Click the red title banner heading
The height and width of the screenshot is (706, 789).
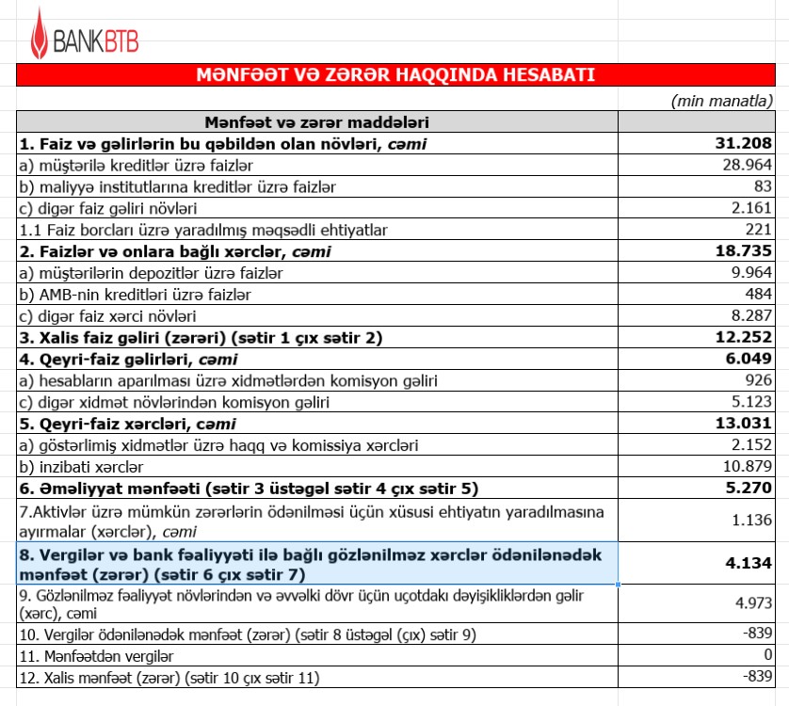click(x=394, y=75)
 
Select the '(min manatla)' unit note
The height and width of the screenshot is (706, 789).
click(x=722, y=101)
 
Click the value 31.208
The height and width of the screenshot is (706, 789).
click(x=744, y=143)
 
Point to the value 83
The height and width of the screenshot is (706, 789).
click(x=763, y=186)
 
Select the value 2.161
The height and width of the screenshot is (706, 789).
click(x=752, y=208)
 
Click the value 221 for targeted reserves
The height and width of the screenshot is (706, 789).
click(x=759, y=230)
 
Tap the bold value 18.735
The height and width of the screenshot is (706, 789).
click(x=744, y=251)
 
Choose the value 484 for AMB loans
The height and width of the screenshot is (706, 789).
click(x=758, y=295)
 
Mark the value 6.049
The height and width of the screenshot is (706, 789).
click(x=748, y=360)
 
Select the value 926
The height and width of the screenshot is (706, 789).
click(x=758, y=381)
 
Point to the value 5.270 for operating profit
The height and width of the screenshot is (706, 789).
click(x=748, y=489)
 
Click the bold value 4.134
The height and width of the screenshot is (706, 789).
click(x=748, y=563)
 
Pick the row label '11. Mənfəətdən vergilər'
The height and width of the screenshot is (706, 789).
click(x=106, y=655)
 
